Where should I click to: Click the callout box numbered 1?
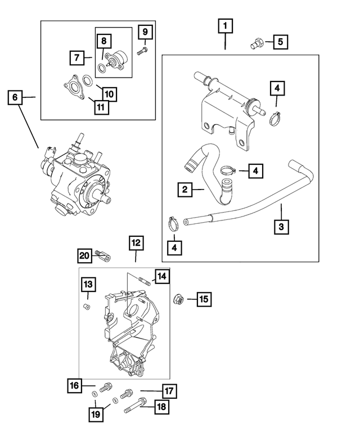226,26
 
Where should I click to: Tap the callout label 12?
136,243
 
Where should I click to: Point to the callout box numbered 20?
84,256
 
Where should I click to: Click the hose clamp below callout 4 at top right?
275,118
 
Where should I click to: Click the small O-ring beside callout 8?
101,69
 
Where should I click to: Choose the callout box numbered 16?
74,386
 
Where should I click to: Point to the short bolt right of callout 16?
106,388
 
